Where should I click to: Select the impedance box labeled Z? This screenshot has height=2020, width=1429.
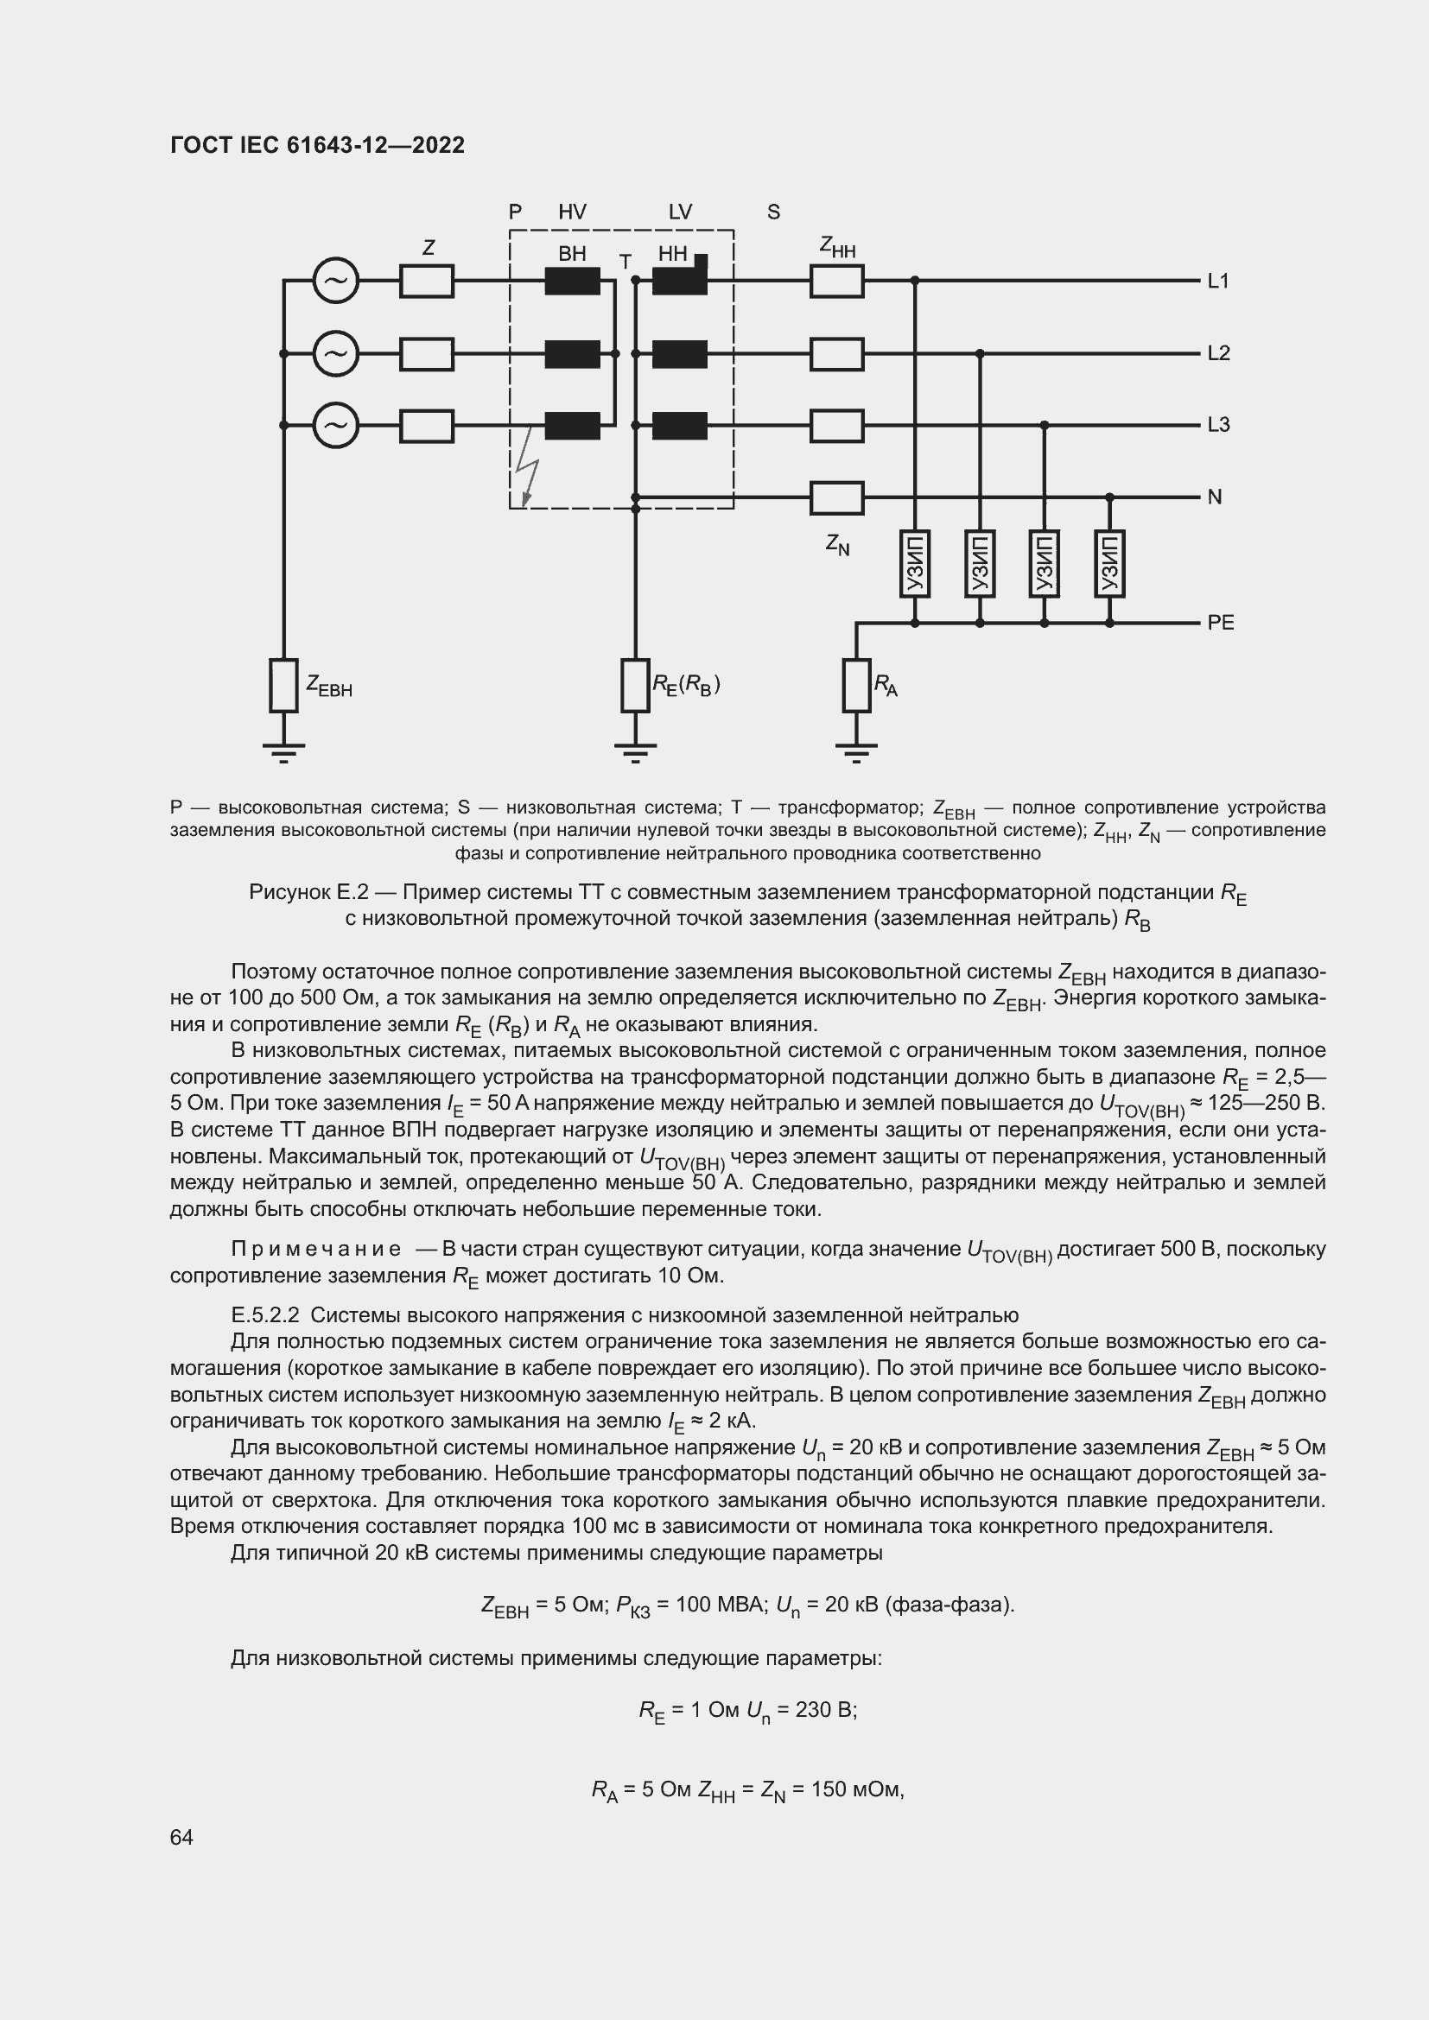tap(427, 282)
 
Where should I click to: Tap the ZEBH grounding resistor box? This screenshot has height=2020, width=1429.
tap(283, 686)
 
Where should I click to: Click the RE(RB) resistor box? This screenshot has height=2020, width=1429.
tap(634, 686)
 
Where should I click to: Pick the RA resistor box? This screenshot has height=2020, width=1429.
tap(856, 686)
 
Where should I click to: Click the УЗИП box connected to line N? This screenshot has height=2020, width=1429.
tap(1108, 563)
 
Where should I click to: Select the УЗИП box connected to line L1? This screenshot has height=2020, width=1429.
tap(914, 563)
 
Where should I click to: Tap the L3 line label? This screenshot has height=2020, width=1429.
tap(1218, 425)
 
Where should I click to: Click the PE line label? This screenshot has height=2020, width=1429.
tap(1220, 623)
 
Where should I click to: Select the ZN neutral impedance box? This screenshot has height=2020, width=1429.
tap(837, 498)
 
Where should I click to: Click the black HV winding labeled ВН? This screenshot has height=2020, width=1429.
tap(572, 282)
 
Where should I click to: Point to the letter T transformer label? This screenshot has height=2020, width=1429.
tap(625, 263)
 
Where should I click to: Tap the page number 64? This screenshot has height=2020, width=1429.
tap(181, 1837)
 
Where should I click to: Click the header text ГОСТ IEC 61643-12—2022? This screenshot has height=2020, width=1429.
tap(317, 145)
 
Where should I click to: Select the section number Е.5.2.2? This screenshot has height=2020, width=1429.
tap(265, 1315)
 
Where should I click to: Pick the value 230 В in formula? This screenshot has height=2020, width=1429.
tap(825, 1709)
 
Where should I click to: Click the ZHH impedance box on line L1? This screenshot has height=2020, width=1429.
tap(837, 282)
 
